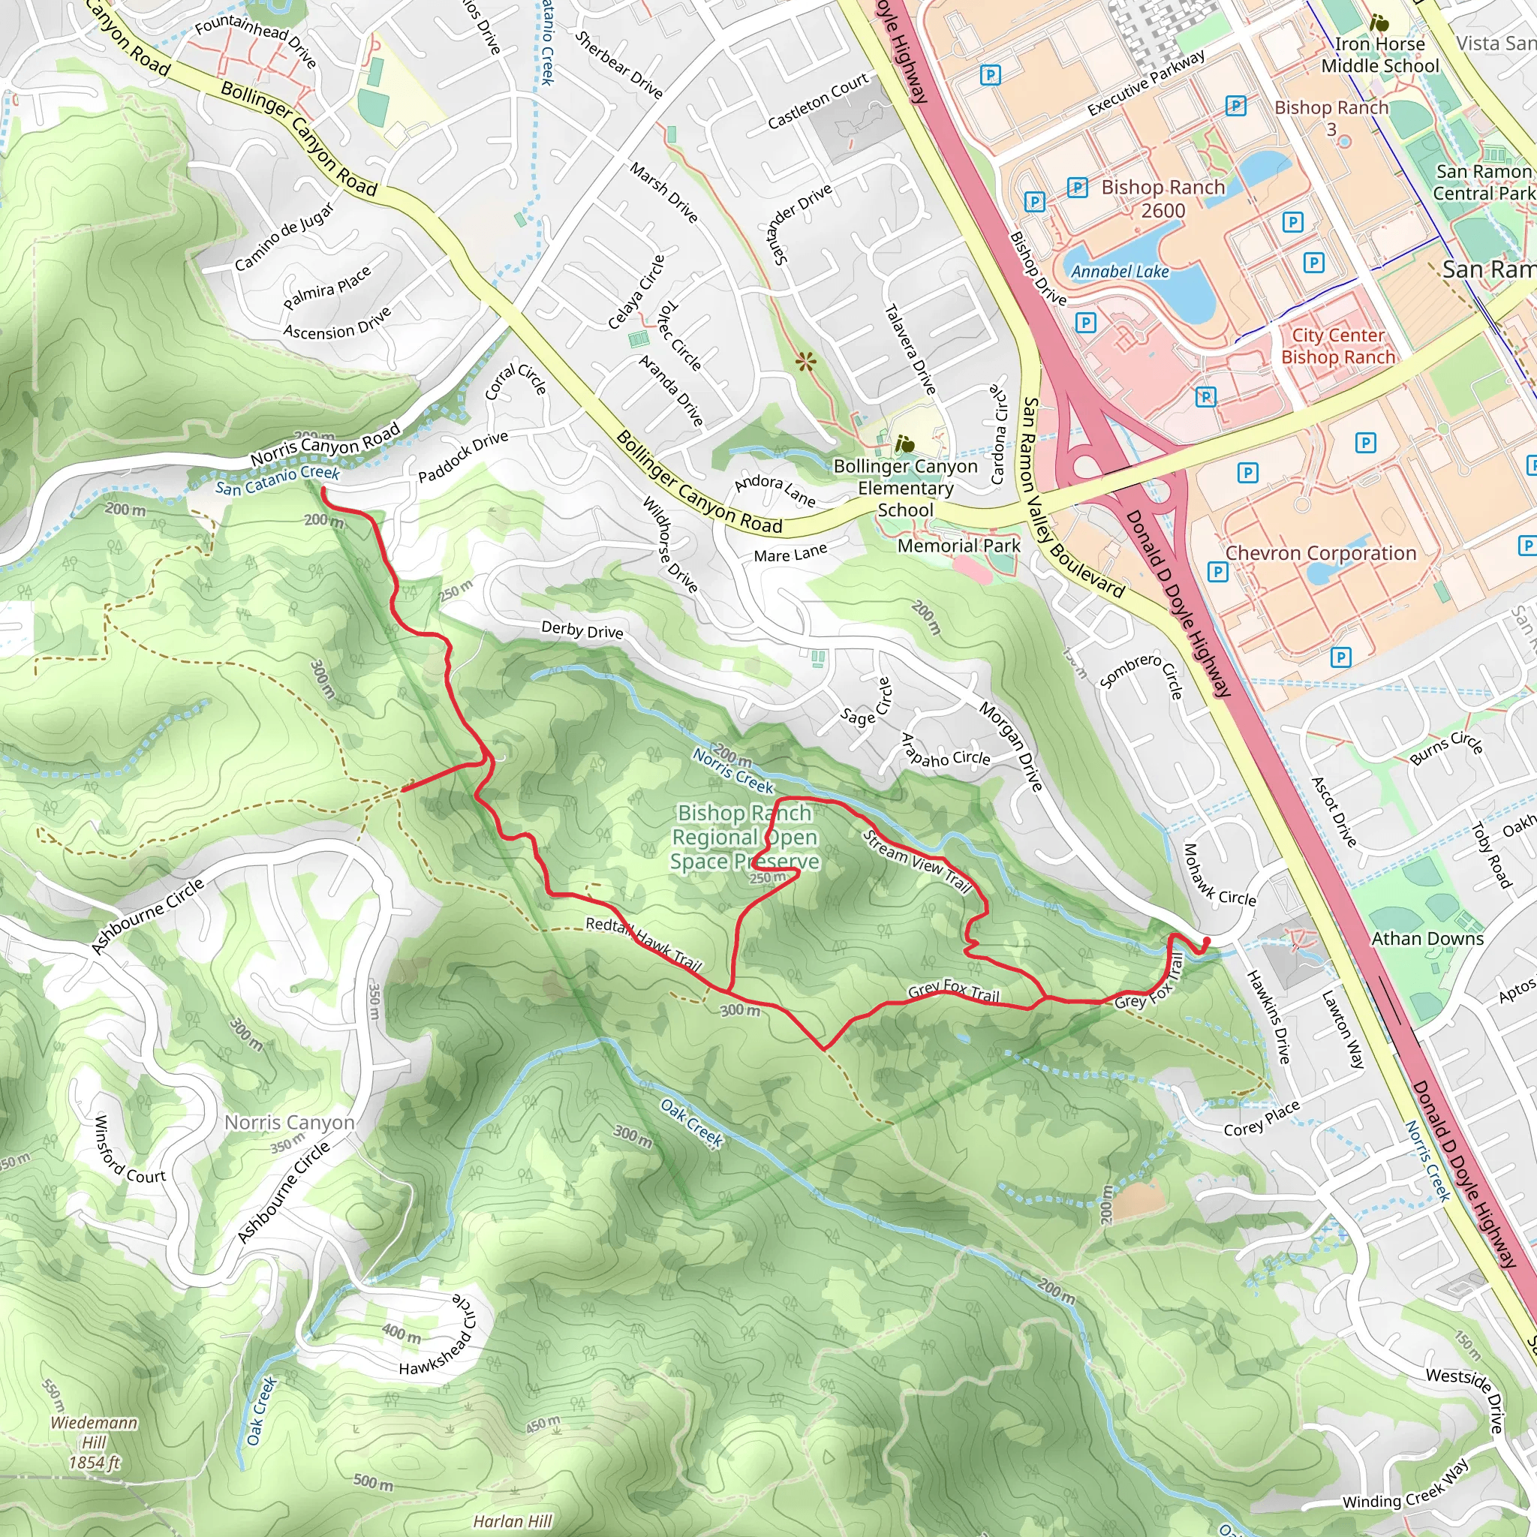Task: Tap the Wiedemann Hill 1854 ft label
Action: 94,1442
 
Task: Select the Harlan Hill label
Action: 513,1521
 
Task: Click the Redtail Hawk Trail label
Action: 644,944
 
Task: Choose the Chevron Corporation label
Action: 1321,553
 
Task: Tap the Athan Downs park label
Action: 1427,939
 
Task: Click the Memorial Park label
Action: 958,546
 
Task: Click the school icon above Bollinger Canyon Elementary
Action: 904,444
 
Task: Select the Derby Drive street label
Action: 582,630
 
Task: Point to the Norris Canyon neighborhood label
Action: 289,1123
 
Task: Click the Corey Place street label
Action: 1262,1118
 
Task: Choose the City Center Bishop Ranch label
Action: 1338,346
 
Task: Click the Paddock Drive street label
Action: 463,458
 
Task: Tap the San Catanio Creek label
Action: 277,480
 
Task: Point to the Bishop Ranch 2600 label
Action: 1163,199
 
